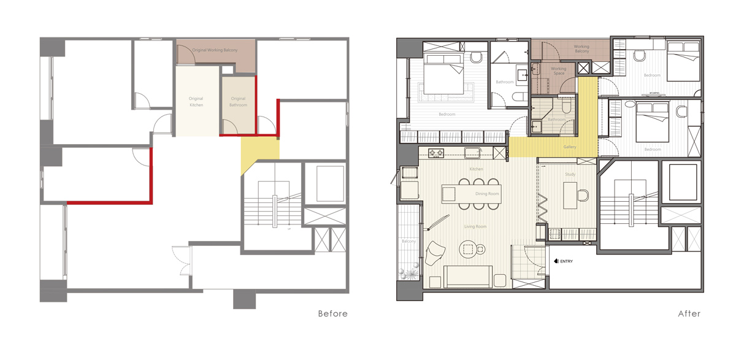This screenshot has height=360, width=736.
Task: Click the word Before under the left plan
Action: pyautogui.click(x=332, y=314)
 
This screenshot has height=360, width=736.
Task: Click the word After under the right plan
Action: pyautogui.click(x=689, y=314)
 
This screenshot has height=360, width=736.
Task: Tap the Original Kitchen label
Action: pyautogui.click(x=196, y=102)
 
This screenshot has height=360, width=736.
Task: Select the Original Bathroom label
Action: pyautogui.click(x=238, y=102)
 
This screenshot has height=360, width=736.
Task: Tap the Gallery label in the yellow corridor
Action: pyautogui.click(x=570, y=147)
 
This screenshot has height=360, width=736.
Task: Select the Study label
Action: pyautogui.click(x=570, y=175)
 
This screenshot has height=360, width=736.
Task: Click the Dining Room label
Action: pyautogui.click(x=487, y=194)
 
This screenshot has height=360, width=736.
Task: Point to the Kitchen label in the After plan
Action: pyautogui.click(x=477, y=169)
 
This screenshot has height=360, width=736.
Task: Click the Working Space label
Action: pyautogui.click(x=558, y=71)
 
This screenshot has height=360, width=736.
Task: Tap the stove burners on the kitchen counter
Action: pyautogui.click(x=435, y=153)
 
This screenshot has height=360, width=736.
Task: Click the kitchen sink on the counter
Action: pyautogui.click(x=472, y=153)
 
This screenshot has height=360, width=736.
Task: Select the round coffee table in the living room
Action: pyautogui.click(x=469, y=248)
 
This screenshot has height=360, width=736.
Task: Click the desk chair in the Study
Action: pyautogui.click(x=583, y=196)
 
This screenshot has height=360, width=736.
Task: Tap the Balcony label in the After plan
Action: pyautogui.click(x=409, y=241)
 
